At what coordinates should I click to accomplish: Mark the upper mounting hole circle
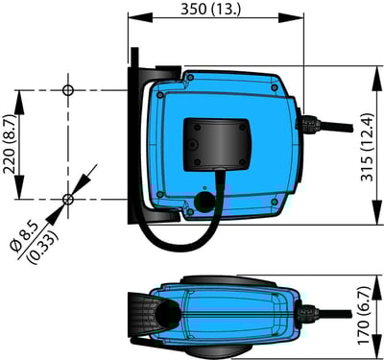tap(67, 90)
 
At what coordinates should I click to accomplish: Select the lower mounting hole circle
tap(67, 199)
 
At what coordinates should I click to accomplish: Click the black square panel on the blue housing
tap(219, 140)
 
